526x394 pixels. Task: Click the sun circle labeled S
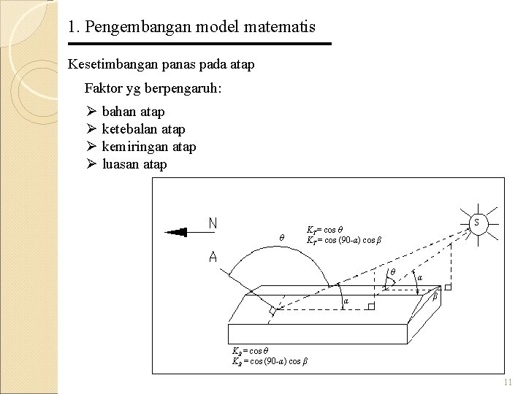477,221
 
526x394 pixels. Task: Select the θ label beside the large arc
282,237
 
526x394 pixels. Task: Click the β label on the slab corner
436,298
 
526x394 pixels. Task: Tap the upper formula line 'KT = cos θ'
325,228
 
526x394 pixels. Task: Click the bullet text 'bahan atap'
133,112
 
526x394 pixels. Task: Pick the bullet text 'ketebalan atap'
143,129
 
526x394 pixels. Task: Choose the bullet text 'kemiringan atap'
149,147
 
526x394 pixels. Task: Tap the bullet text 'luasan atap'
134,164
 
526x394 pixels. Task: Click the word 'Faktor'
104,89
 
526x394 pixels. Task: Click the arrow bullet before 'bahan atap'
91,112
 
